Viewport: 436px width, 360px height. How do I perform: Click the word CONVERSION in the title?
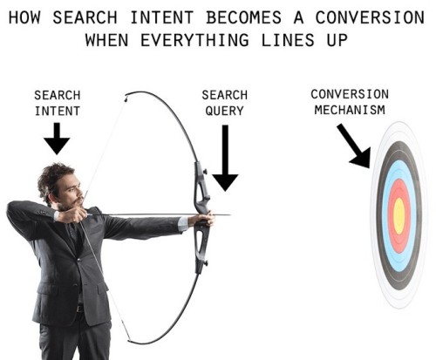tap(370, 17)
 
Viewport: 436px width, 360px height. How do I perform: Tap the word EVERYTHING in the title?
tap(194, 40)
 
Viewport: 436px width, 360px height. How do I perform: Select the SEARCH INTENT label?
tap(58, 103)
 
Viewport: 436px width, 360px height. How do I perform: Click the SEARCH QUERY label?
tap(224, 103)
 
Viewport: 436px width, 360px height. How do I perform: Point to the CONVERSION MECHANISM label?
tap(350, 102)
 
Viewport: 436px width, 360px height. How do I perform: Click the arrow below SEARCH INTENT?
tap(57, 139)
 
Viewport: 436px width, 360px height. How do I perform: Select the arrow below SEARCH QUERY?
tap(225, 158)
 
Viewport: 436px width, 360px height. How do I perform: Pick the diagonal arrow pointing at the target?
tap(354, 146)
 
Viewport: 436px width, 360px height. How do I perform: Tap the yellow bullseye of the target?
tap(399, 215)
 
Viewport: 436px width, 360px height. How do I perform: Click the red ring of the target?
tap(391, 215)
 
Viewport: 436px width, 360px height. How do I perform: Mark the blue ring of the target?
tap(385, 215)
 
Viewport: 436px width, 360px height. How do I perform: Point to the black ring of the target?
tap(379, 215)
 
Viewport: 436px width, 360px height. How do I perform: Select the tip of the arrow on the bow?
tap(230, 215)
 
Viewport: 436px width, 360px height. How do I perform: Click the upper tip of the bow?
tap(126, 96)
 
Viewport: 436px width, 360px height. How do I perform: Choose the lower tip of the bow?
tap(129, 340)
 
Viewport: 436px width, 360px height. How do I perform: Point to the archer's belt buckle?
tap(79, 309)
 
